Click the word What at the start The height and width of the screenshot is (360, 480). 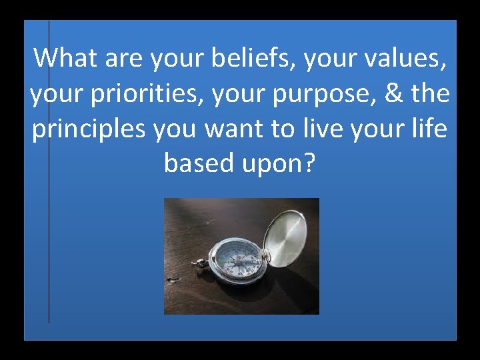pyautogui.click(x=65, y=58)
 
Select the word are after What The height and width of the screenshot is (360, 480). pyautogui.click(x=120, y=59)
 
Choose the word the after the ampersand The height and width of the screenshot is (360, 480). pyautogui.click(x=430, y=93)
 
